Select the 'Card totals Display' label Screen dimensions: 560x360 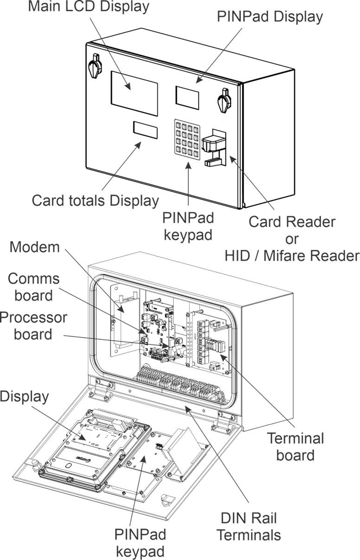click(95, 201)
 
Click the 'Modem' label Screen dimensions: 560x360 click(35, 247)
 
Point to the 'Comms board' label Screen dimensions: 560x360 click(33, 287)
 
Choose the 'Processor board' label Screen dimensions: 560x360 click(33, 326)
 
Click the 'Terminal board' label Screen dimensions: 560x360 click(296, 446)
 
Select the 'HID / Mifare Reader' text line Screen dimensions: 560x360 click(292, 255)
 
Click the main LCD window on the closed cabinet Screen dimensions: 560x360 click(135, 93)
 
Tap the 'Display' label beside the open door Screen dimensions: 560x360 click(24, 396)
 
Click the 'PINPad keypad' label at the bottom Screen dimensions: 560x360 click(141, 542)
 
